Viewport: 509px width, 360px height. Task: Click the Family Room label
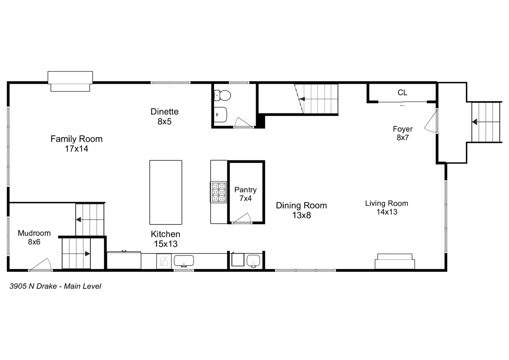click(x=76, y=144)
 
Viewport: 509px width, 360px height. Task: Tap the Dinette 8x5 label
click(x=164, y=116)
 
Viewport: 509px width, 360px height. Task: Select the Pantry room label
click(x=245, y=194)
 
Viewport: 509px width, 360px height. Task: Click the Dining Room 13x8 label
click(x=301, y=210)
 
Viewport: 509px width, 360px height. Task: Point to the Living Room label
click(x=386, y=207)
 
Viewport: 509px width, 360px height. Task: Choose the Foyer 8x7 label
click(x=402, y=133)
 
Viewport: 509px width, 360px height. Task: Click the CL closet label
click(x=402, y=93)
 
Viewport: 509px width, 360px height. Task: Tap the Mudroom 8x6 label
click(x=34, y=237)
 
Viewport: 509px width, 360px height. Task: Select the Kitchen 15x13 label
click(x=165, y=239)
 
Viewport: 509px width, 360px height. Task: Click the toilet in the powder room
click(x=222, y=96)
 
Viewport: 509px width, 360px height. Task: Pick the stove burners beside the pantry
click(x=218, y=192)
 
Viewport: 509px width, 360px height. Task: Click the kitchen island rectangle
click(x=166, y=192)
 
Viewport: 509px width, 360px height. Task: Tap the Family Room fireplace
click(x=70, y=81)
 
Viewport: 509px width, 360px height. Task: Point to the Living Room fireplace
click(x=395, y=261)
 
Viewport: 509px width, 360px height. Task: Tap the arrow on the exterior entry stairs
click(x=475, y=122)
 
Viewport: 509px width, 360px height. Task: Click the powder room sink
click(x=220, y=115)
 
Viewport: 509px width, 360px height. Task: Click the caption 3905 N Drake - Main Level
click(x=55, y=286)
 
